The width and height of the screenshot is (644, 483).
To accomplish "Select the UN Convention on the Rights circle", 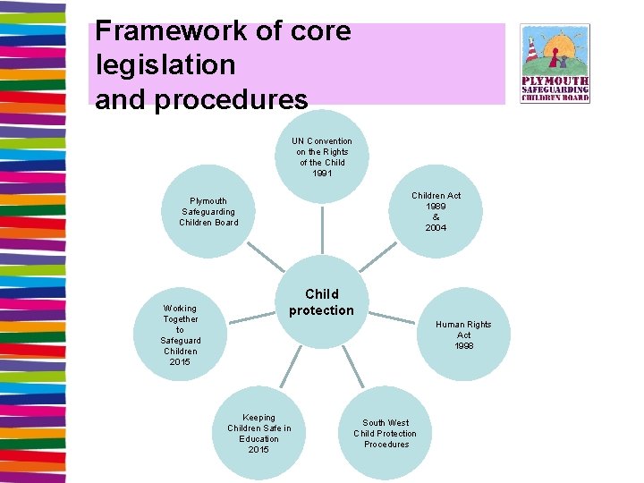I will pos(322,157).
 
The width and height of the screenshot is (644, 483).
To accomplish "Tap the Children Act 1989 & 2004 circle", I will pos(436,212).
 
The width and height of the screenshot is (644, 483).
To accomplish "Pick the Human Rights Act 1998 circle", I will pos(463,335).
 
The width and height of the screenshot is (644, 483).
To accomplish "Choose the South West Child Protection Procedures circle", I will pos(386,434).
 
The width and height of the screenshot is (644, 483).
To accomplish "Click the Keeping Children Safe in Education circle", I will pos(258,434).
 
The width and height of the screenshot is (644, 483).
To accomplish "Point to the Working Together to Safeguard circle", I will pos(180,335).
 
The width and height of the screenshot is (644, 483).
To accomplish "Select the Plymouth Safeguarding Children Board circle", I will pos(208,212).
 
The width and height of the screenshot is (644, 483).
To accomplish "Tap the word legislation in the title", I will pos(165,65).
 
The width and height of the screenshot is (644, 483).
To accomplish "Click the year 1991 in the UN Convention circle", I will pos(322,174).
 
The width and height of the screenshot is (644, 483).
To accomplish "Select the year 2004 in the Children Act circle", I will pos(436,228).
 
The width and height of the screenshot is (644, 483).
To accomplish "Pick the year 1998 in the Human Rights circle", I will pos(463,346).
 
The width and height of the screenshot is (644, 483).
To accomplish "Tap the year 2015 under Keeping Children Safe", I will pos(258,450).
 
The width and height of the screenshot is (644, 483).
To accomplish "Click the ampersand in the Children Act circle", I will pos(436,217).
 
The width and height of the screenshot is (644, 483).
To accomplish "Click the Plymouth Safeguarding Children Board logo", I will pos(555,64).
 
